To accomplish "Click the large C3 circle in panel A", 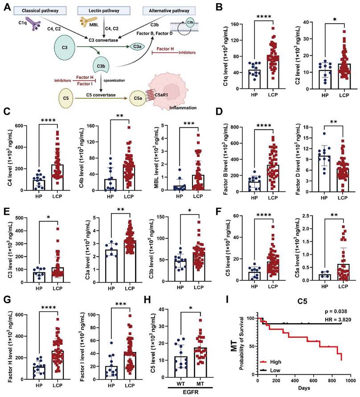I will tap(65, 46).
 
